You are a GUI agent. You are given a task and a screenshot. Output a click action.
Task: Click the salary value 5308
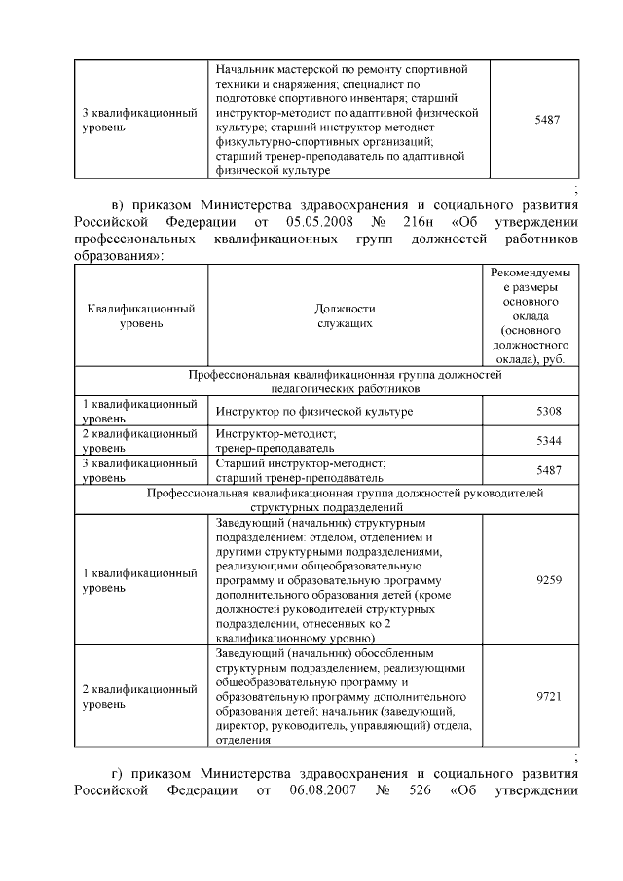(548, 412)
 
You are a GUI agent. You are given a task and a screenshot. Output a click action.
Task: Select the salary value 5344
(548, 441)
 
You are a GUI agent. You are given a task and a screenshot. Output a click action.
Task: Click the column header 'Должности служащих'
(345, 315)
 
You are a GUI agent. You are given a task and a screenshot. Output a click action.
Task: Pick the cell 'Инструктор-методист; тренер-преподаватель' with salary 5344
(276, 441)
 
